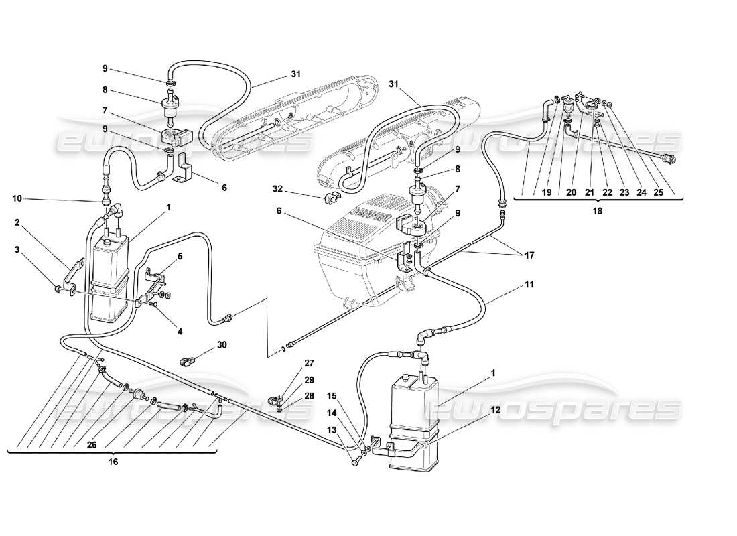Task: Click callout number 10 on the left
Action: pyautogui.click(x=17, y=198)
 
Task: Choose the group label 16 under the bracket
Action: pyautogui.click(x=112, y=462)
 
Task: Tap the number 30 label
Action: pyautogui.click(x=222, y=345)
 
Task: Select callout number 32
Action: pyautogui.click(x=278, y=189)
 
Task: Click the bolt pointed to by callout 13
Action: pyautogui.click(x=354, y=462)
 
